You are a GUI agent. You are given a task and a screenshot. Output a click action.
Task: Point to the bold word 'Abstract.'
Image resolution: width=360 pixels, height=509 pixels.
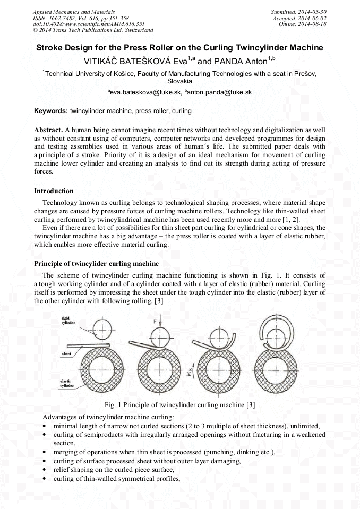[48, 130]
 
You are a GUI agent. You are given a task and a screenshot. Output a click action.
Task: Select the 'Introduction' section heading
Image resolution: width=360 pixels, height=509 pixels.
[54, 191]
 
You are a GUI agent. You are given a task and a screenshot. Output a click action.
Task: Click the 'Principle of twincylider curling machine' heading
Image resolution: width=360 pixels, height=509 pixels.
[96, 263]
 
